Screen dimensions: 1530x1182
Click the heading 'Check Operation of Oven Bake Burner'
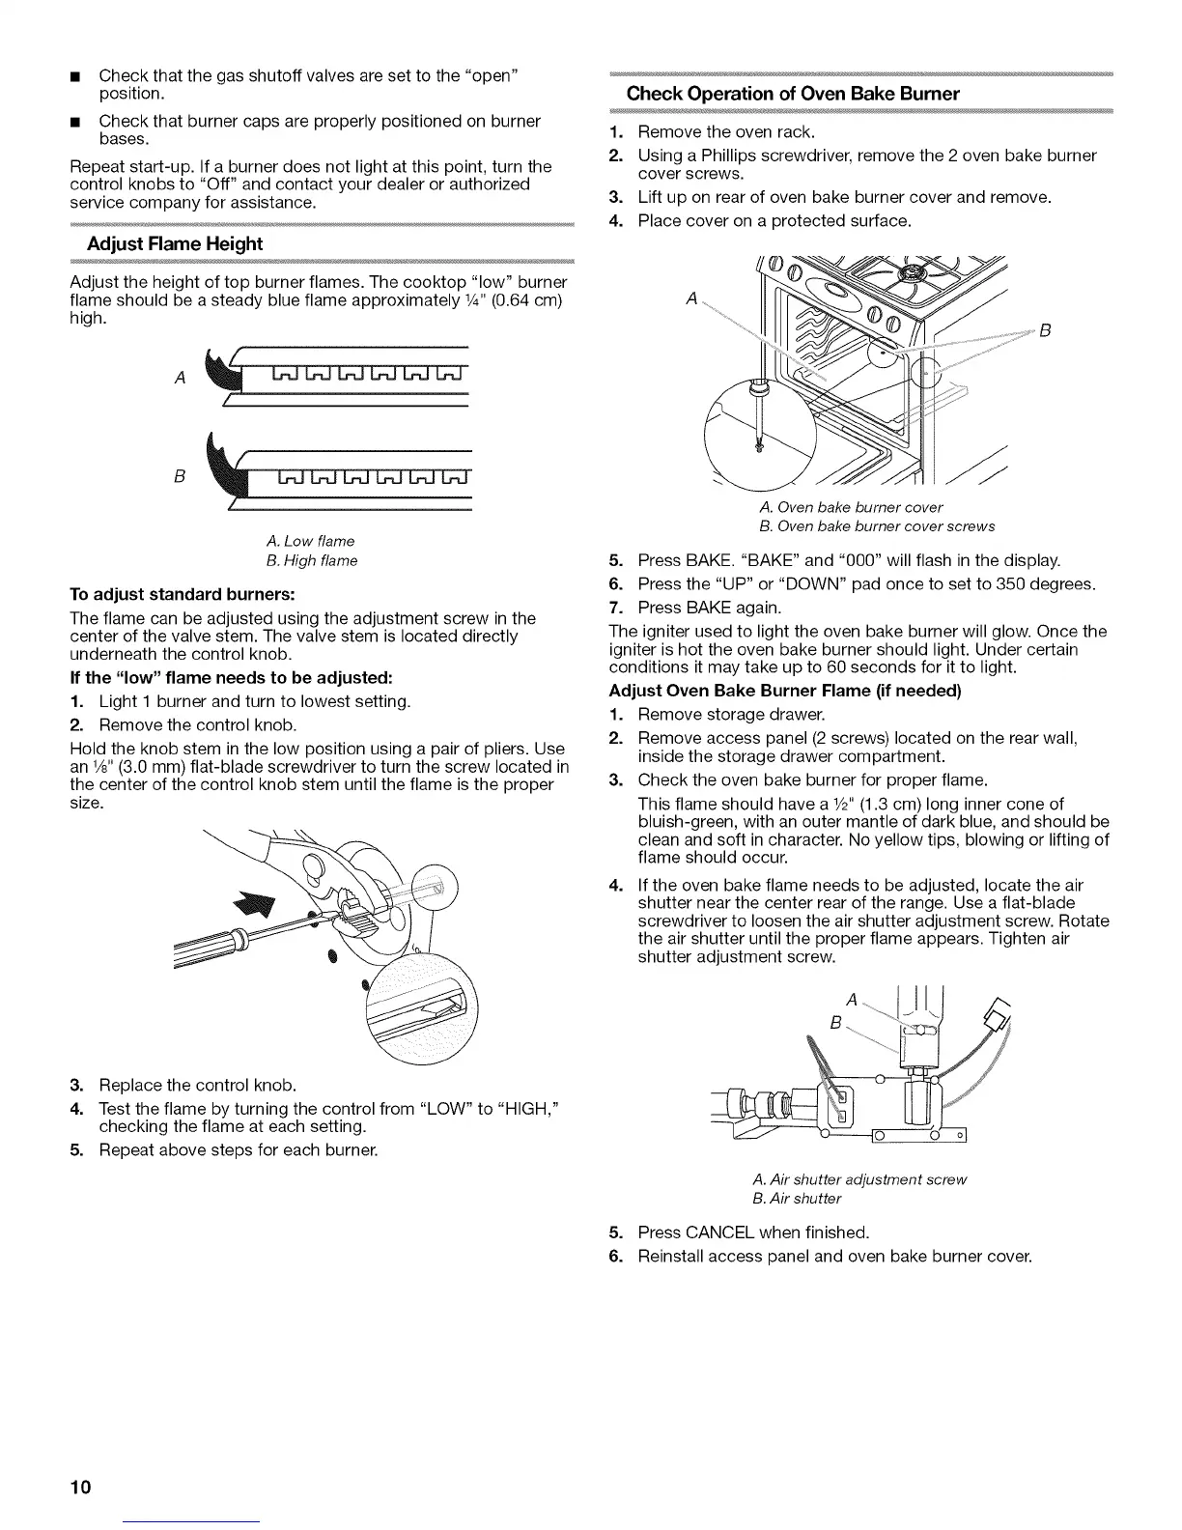[793, 94]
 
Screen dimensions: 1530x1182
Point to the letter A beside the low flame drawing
[181, 378]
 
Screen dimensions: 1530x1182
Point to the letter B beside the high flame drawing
[180, 476]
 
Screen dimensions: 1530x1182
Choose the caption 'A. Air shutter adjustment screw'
[858, 1179]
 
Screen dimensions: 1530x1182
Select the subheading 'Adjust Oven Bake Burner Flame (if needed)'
[785, 691]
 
